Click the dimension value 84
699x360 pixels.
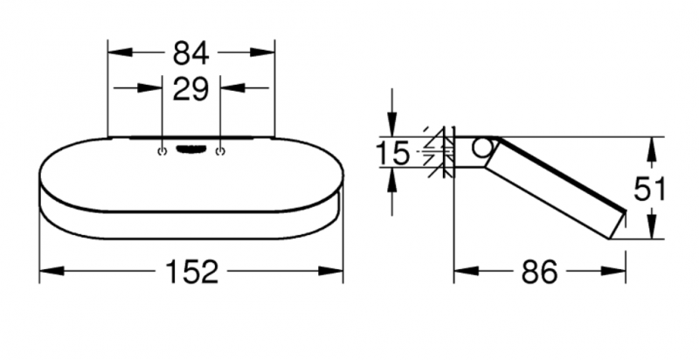tap(190, 53)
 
